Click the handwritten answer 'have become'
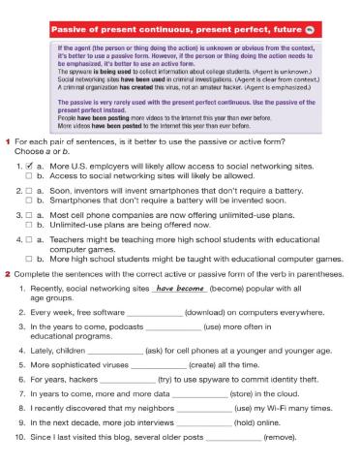click(x=179, y=289)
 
